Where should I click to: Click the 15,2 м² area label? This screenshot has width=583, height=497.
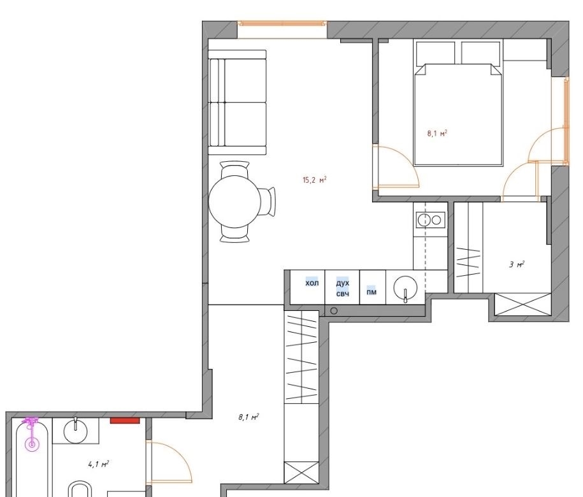(x=315, y=180)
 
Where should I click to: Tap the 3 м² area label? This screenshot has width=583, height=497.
(x=517, y=264)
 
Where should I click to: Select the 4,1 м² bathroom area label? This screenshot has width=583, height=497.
(x=98, y=464)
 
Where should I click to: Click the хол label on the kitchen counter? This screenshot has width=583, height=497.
(x=312, y=283)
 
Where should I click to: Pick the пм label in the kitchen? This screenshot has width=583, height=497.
(x=371, y=292)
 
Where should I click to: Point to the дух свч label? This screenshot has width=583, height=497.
(x=342, y=288)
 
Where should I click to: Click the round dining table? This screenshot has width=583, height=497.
(x=234, y=201)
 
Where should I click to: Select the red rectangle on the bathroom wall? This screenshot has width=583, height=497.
(x=124, y=421)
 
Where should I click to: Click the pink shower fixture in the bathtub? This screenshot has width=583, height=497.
(x=32, y=434)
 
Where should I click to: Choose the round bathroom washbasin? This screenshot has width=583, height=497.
(x=76, y=431)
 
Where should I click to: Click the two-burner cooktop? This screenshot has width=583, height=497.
(x=430, y=220)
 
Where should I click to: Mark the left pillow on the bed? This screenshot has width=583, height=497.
(x=435, y=53)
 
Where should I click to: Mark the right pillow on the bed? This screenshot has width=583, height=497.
(x=480, y=53)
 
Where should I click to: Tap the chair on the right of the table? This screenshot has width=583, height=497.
(x=268, y=201)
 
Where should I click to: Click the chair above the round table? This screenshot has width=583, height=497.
(x=234, y=169)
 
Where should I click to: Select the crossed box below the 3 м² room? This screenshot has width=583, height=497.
(x=522, y=305)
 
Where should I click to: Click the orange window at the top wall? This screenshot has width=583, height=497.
(x=282, y=24)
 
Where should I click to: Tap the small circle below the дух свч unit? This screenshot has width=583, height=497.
(x=334, y=310)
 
